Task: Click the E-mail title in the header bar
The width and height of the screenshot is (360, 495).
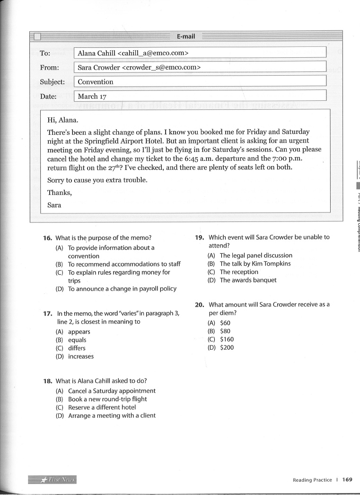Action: tap(186, 36)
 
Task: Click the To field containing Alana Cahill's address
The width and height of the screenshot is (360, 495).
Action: tap(200, 53)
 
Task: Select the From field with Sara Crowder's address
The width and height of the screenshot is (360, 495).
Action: tap(200, 67)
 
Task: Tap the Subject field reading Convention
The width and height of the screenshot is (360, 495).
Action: tap(200, 81)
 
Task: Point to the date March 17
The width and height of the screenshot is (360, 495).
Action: tap(92, 96)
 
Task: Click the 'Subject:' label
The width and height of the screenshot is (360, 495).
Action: tap(53, 81)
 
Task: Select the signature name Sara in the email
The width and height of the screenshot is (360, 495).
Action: tap(54, 205)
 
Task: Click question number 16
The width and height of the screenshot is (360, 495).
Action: tap(47, 238)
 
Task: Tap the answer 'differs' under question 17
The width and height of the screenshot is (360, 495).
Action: tap(77, 348)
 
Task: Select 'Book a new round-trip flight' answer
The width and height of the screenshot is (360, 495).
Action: tap(107, 399)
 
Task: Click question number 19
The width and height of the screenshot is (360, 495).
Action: tap(199, 237)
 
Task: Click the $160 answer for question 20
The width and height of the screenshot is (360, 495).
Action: tap(227, 339)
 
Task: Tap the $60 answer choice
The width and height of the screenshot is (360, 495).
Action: tap(225, 323)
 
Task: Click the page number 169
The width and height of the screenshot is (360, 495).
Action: tap(348, 479)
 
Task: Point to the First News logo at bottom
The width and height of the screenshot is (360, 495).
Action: tap(53, 479)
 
